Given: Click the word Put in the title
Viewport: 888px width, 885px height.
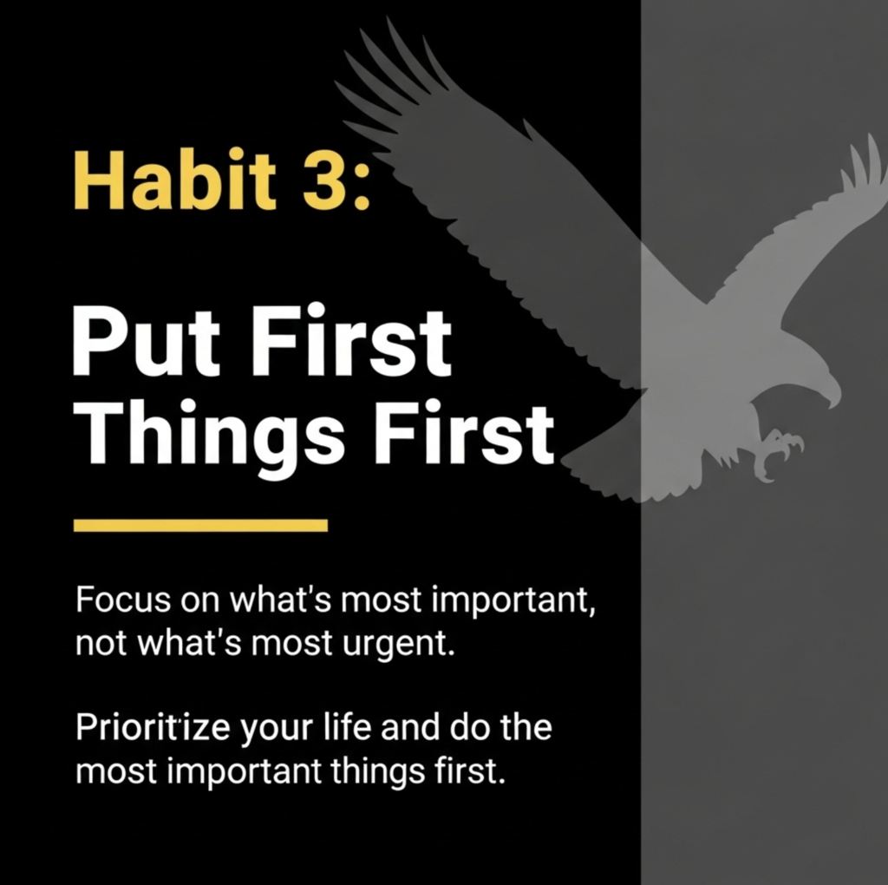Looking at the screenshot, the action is tap(146, 342).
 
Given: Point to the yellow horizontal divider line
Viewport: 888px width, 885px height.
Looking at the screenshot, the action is tap(200, 525).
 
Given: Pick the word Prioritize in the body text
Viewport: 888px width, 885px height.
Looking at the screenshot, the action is tap(153, 728).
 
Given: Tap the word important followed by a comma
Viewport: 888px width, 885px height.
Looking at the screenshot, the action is tap(513, 600).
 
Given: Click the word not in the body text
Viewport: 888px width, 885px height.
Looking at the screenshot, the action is tap(101, 644).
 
